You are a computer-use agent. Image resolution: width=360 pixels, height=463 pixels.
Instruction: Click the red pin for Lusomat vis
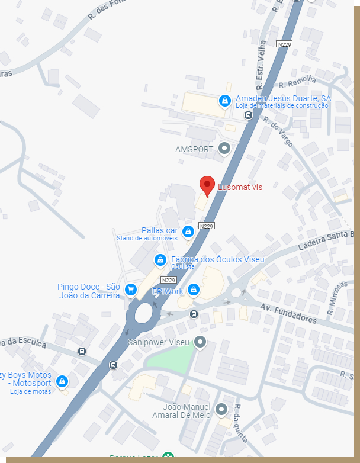[207, 185]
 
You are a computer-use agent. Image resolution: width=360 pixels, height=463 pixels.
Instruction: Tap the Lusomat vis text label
[240, 187]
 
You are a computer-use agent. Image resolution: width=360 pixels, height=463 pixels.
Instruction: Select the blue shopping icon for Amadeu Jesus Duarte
[225, 101]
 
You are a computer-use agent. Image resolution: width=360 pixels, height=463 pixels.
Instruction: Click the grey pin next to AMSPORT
[224, 149]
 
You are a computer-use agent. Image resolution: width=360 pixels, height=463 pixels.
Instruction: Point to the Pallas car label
[159, 230]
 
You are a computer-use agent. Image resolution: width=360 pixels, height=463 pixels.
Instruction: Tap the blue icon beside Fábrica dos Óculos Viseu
[160, 259]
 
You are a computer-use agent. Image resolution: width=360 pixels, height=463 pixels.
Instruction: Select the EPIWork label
[168, 291]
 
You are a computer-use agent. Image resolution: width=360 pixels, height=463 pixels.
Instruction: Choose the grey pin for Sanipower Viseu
[201, 342]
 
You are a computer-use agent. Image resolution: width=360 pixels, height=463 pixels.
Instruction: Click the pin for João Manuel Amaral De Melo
[221, 409]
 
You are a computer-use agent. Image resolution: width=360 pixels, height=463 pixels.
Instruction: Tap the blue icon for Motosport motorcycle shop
[62, 381]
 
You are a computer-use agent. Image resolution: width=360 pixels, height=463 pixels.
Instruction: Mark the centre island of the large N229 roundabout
[144, 313]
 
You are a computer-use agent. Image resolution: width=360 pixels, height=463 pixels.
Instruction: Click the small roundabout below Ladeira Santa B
[236, 292]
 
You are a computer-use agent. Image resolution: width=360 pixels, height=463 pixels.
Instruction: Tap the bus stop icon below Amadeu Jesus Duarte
[249, 115]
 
